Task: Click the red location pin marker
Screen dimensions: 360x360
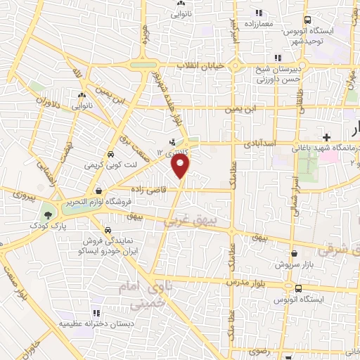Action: click(x=181, y=166)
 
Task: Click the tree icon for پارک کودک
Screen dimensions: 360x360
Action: click(x=48, y=214)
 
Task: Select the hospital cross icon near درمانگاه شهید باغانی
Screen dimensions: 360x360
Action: click(x=326, y=136)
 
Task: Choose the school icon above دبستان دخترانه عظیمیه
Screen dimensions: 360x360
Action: click(x=96, y=313)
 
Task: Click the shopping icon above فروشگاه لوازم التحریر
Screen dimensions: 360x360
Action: click(x=98, y=191)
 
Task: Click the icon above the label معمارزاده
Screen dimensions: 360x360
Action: click(x=259, y=12)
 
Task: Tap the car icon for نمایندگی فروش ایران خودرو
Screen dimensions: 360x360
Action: click(x=107, y=229)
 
